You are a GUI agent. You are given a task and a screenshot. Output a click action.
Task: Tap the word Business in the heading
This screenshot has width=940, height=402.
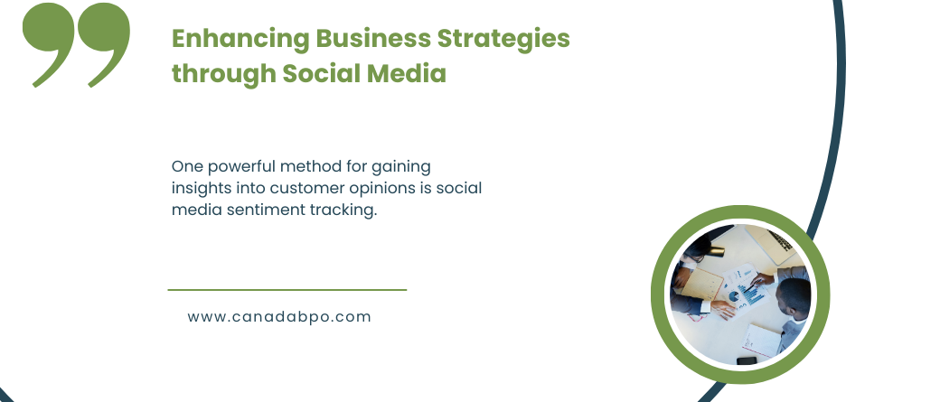[x=373, y=38]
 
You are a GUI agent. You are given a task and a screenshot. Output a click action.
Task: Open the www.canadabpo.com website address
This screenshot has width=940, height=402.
[x=279, y=317]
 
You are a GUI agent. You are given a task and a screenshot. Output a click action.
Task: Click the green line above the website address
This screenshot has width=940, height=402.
[x=287, y=290]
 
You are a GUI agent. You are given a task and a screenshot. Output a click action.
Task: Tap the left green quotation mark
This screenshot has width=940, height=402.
[x=49, y=45]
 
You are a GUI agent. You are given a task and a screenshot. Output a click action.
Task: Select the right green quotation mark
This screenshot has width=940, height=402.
[x=104, y=45]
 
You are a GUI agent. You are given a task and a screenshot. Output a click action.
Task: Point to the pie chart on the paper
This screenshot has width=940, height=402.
[x=734, y=296]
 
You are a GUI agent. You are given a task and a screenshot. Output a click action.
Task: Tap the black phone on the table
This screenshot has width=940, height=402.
[x=747, y=360]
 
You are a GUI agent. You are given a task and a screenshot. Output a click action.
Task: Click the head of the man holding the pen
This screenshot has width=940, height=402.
[x=794, y=296]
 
